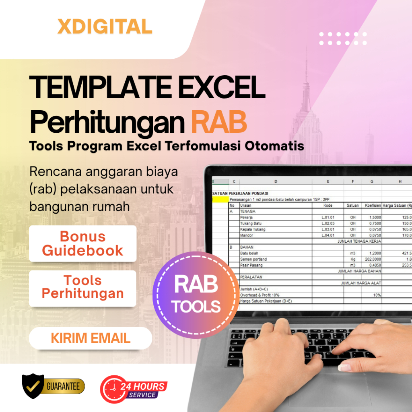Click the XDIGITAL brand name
[105, 27]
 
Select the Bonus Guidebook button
[82, 243]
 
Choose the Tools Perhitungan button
[82, 287]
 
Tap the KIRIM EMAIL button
[91, 338]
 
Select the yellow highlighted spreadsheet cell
[220, 199]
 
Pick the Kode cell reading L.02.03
[328, 223]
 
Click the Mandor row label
[247, 235]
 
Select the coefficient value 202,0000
[372, 259]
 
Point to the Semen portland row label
[253, 259]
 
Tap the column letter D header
[276, 181]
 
